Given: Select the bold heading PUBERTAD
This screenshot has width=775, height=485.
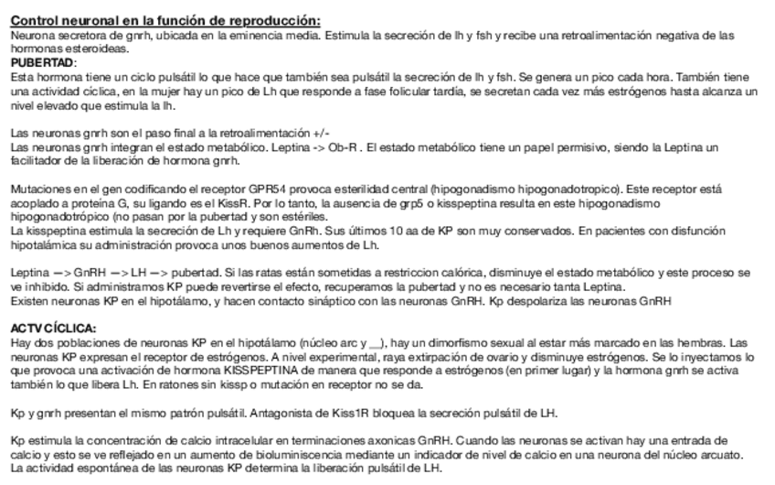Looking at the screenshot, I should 42,61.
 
